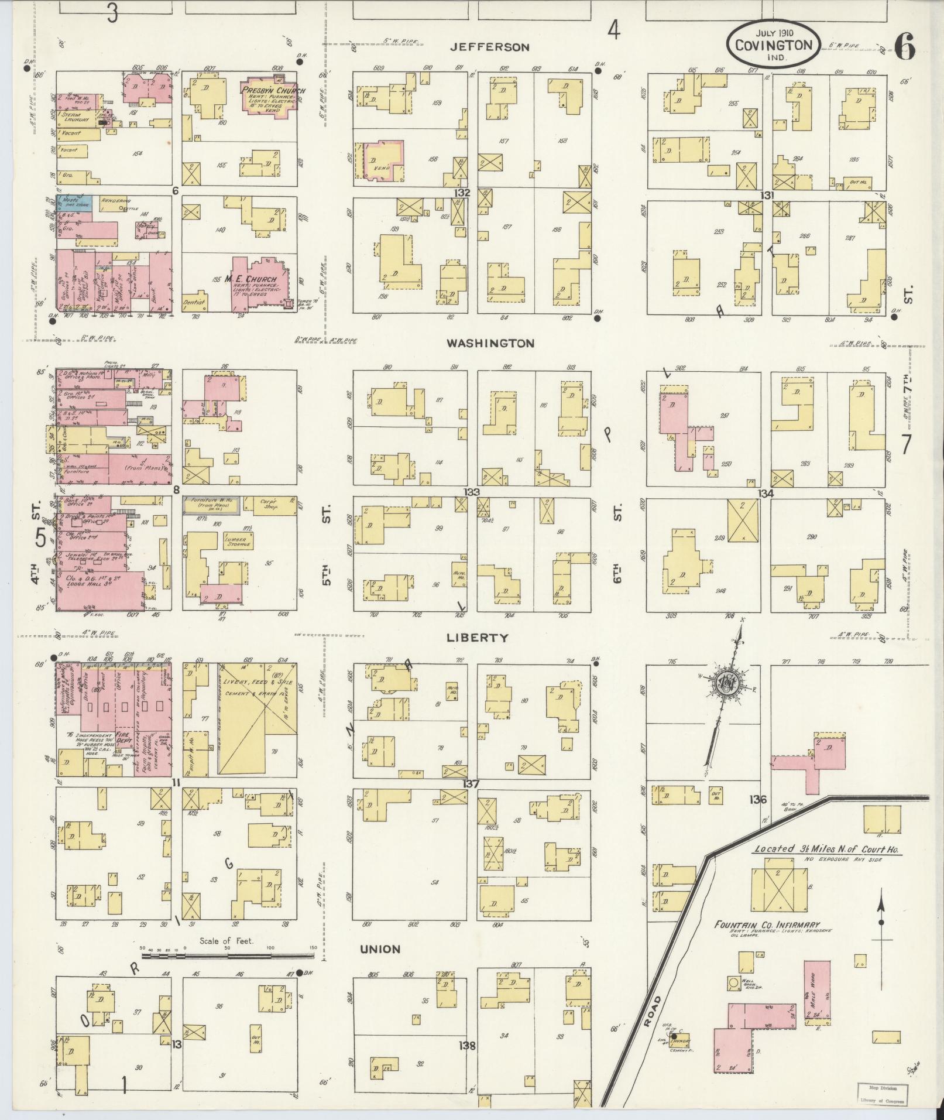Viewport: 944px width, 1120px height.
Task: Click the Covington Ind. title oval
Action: pos(773,46)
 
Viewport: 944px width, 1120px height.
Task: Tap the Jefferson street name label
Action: pos(489,47)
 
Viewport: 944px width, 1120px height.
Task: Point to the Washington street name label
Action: pos(490,344)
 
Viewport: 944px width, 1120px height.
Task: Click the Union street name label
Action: pos(380,949)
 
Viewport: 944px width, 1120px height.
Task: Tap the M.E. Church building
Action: pos(256,283)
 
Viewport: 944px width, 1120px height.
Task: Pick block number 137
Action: pos(471,784)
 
